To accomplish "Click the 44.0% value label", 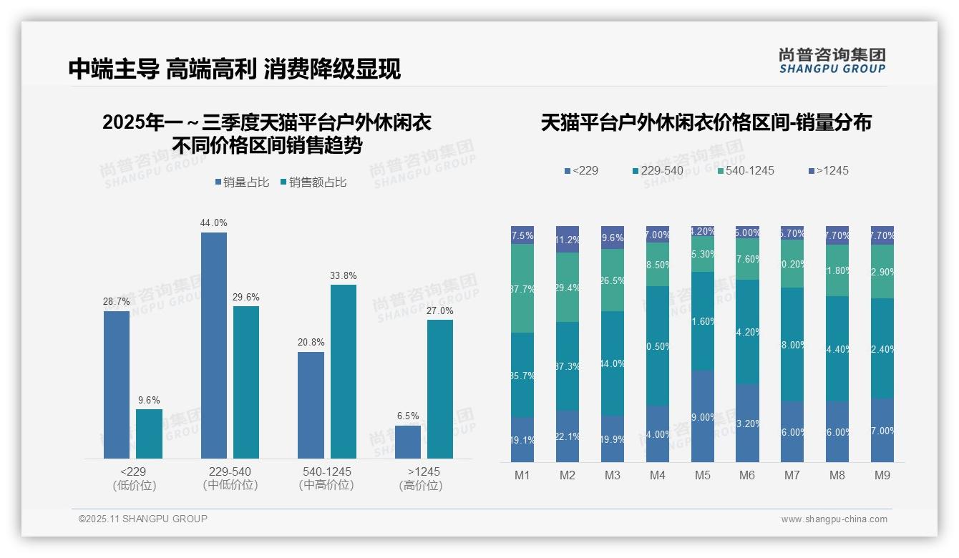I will [213, 222].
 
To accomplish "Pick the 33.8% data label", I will [343, 275].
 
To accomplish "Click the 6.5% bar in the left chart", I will [408, 441].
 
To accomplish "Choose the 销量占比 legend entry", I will [242, 182].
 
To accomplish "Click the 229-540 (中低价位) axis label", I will [230, 478].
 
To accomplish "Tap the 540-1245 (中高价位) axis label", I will [326, 478].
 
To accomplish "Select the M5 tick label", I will [702, 475].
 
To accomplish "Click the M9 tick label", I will [882, 475].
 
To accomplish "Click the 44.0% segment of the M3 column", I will [612, 363].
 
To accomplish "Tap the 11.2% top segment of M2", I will [567, 240].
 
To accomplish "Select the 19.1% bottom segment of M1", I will [522, 439].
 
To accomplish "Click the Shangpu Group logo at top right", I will [832, 60].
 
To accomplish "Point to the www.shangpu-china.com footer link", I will [834, 519].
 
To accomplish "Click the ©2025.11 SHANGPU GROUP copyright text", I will [143, 519].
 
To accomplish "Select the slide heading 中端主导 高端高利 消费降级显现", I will [234, 69].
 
